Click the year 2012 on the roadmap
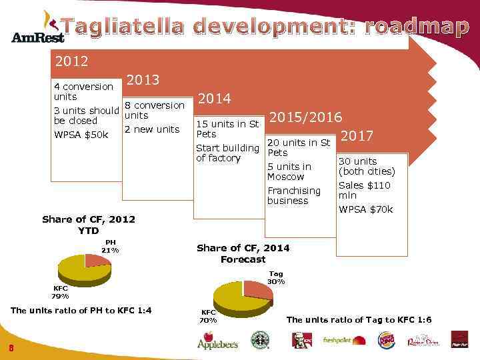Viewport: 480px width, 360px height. coord(72,61)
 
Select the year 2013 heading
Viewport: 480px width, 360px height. coord(143,80)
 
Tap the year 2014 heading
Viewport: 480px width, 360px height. coord(215,99)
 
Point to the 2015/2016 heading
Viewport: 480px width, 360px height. coord(305,117)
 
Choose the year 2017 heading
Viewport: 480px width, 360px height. coord(358,136)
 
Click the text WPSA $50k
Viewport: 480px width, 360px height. coord(76,135)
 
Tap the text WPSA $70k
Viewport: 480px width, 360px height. coord(366,209)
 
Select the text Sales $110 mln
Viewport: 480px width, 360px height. coord(365,190)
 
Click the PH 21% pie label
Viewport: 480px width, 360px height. coord(109,246)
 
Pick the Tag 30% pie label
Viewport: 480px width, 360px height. coord(276,277)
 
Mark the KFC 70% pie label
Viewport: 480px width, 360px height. coord(208,316)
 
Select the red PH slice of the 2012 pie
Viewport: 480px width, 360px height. coord(97,260)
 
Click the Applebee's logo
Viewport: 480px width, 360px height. coord(217,341)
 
